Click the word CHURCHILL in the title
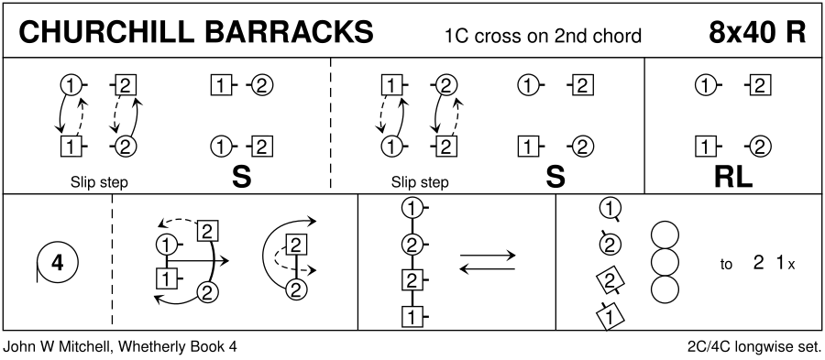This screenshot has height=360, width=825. (104, 33)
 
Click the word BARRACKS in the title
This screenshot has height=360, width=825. (287, 33)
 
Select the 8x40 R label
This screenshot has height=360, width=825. (756, 33)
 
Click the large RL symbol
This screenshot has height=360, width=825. (733, 178)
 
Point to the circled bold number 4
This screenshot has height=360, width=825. (58, 262)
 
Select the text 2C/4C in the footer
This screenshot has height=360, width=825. (706, 347)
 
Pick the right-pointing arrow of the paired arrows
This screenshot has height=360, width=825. (488, 256)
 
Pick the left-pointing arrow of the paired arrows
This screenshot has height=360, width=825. (488, 269)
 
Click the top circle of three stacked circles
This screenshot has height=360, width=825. (665, 235)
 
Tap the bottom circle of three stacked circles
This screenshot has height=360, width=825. (665, 290)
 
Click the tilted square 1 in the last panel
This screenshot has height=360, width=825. (610, 316)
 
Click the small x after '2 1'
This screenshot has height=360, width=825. (791, 266)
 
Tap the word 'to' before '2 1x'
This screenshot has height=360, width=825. (726, 265)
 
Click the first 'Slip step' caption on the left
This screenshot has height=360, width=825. (99, 182)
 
